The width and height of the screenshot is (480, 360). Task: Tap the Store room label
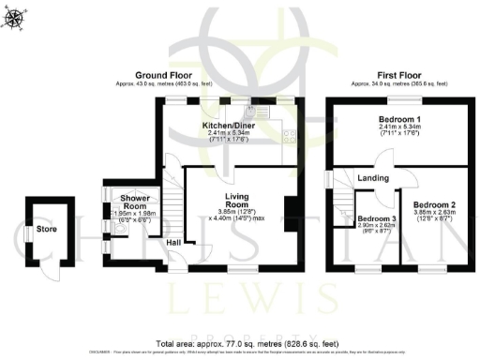click(x=47, y=229)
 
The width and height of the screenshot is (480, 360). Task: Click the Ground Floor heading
click(x=164, y=75)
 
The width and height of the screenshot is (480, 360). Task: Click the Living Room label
click(x=235, y=201)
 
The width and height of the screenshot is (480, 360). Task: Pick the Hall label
click(x=174, y=243)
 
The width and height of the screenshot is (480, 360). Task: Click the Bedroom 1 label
click(x=399, y=120)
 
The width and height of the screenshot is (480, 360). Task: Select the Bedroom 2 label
click(x=433, y=204)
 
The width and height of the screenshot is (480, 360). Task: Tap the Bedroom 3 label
click(x=376, y=218)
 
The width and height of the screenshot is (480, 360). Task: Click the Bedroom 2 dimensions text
click(x=433, y=217)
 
